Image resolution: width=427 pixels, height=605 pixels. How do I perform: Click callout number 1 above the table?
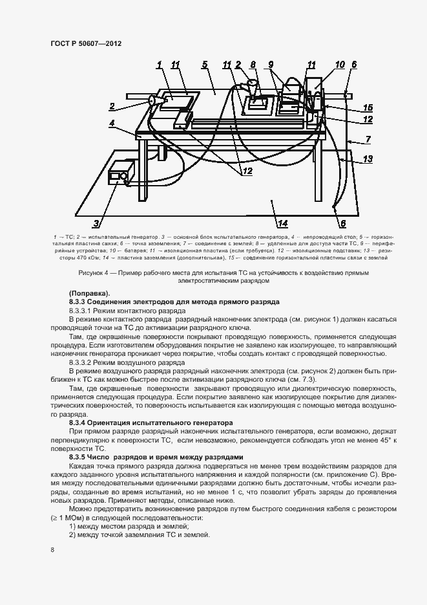click(158, 64)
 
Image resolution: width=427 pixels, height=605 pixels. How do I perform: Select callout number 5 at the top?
click(204, 64)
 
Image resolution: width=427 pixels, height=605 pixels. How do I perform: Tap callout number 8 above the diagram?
click(253, 64)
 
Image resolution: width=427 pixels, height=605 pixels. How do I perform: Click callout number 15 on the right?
click(367, 107)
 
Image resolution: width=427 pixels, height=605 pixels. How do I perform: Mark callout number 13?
click(367, 159)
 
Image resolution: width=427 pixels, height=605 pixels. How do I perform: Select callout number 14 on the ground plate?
click(282, 224)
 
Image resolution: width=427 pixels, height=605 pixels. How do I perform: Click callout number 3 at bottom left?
click(96, 224)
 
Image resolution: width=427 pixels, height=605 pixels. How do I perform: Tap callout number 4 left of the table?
click(112, 122)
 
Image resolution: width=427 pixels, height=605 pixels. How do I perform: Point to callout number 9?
click(271, 64)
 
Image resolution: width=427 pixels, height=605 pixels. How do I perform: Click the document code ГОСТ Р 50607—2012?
click(86, 43)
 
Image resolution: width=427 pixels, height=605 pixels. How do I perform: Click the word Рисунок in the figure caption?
click(92, 273)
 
